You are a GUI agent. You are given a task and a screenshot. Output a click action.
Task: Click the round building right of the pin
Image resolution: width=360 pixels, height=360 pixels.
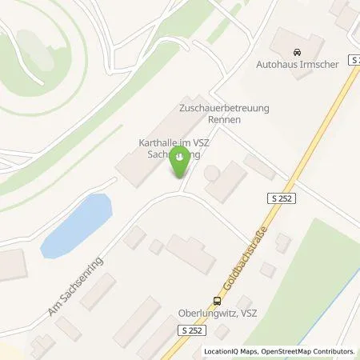coord(212,174)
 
